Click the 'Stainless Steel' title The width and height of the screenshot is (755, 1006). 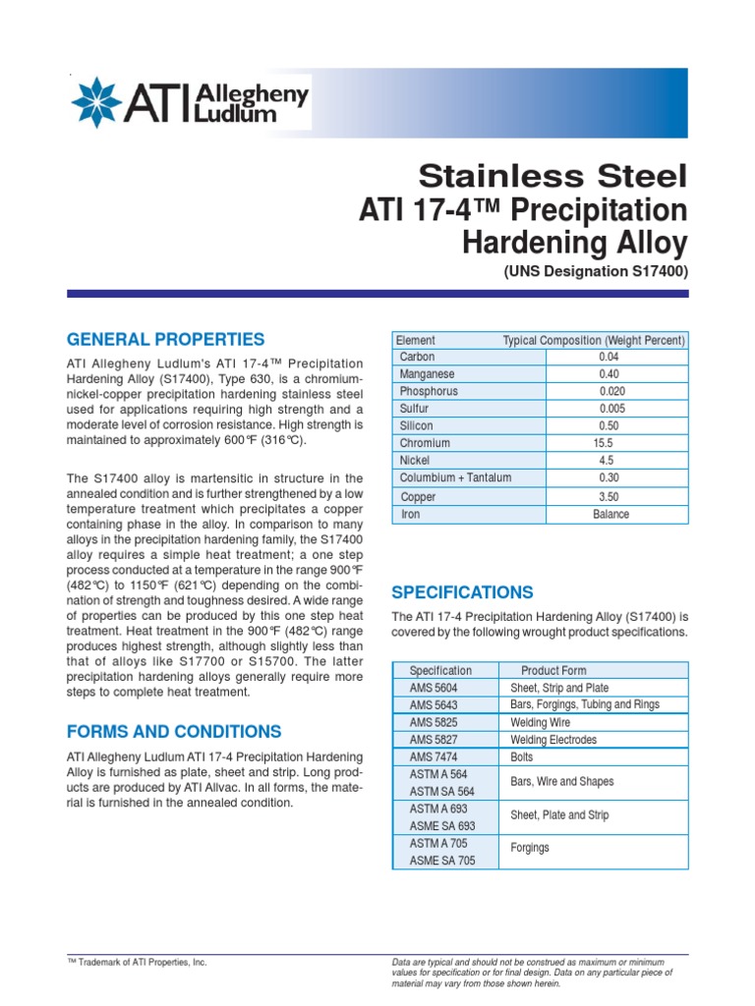point(553,177)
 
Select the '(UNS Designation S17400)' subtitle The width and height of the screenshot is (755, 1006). point(596,270)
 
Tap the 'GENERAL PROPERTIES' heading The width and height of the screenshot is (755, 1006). point(165,340)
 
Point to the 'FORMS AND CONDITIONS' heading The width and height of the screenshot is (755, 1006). point(174,732)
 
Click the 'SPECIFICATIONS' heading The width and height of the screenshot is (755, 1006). point(462,592)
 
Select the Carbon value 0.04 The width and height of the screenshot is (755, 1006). point(609,358)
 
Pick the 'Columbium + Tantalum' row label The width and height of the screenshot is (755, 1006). point(455,478)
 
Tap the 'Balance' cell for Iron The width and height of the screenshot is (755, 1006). point(610,515)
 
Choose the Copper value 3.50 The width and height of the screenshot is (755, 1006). point(610,497)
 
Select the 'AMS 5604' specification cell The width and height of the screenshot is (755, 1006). point(434,688)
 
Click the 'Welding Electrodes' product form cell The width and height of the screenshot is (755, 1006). point(553,740)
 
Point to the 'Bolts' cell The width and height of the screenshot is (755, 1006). point(523,757)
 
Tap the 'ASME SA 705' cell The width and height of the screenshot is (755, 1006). point(441,862)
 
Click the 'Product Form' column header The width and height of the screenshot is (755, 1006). point(553,671)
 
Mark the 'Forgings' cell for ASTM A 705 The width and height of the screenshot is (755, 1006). point(530,848)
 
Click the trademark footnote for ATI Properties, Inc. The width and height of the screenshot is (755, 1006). point(137,964)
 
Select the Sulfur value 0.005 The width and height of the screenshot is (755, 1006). point(610,409)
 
